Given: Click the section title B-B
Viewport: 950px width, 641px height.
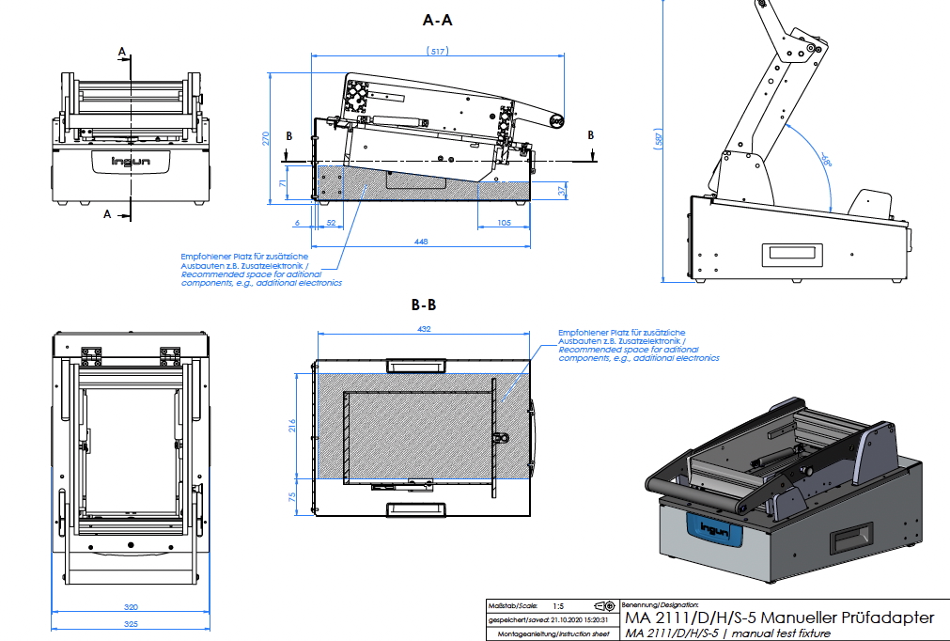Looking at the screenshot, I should tap(424, 305).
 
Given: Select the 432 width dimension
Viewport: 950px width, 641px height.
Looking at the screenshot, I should tap(423, 328).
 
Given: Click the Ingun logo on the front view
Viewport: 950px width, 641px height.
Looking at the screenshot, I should tap(131, 160).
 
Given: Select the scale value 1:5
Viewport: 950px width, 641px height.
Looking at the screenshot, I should tap(558, 606).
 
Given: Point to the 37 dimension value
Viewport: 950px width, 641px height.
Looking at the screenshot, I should tap(564, 191).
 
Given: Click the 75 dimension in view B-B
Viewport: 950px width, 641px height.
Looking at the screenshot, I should tap(292, 496).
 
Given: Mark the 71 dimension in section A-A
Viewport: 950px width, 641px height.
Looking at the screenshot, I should tap(284, 184).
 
